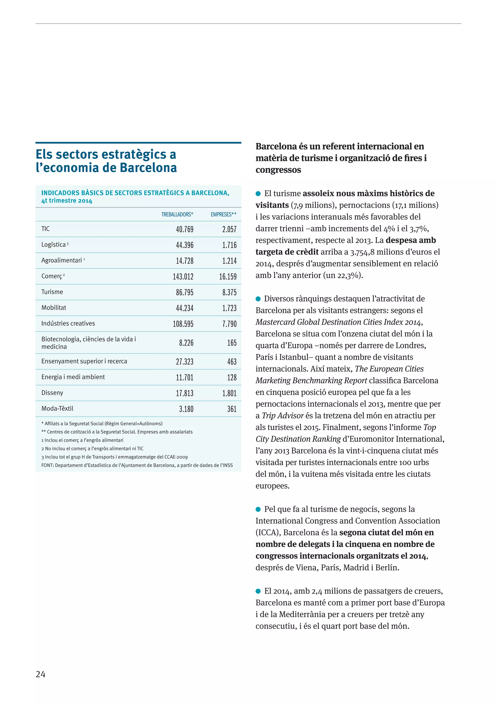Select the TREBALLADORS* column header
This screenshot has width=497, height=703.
[177, 214]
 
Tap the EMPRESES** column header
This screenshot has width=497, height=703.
[224, 214]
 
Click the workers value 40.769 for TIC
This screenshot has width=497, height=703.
[184, 229]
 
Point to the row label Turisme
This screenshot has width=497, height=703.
[52, 292]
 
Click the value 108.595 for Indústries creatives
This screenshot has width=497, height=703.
[183, 324]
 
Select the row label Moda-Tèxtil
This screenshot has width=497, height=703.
[57, 409]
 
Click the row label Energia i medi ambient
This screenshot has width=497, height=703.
[73, 377]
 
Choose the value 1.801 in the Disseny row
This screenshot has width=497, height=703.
[229, 393]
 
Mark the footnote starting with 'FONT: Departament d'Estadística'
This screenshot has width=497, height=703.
[137, 465]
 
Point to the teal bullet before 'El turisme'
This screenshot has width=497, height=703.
[258, 193]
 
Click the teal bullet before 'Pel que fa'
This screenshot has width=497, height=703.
[258, 509]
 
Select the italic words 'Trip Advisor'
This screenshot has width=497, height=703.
[282, 416]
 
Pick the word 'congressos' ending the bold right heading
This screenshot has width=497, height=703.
[278, 170]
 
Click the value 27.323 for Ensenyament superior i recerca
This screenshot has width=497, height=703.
[184, 362]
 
